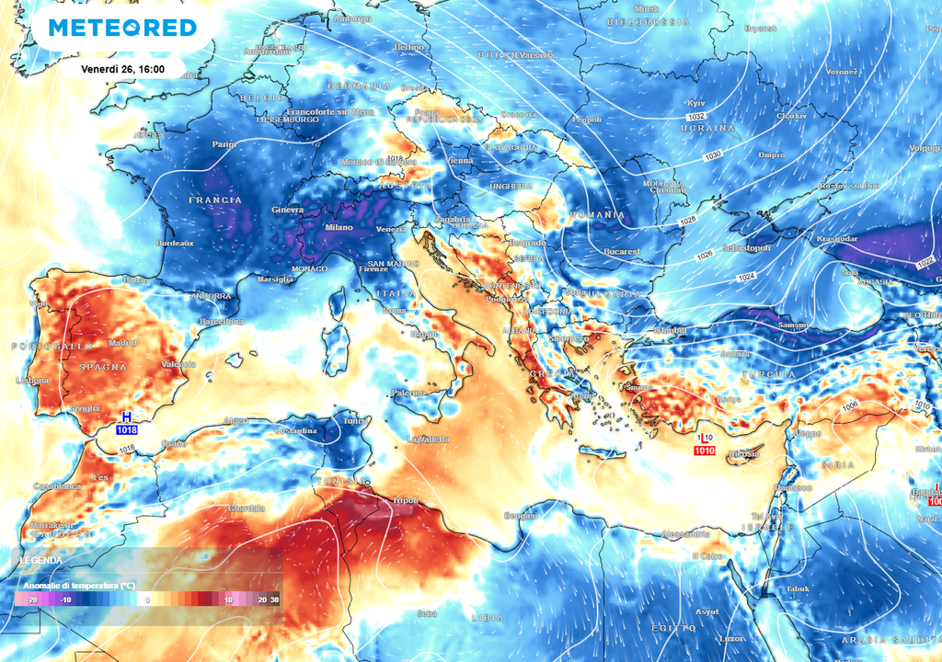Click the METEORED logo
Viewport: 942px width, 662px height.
coord(122,28)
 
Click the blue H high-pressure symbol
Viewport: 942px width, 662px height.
coord(126,417)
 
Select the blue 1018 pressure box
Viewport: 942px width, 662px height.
coord(126,429)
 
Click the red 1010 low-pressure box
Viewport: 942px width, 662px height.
coord(705,451)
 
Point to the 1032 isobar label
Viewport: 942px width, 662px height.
coord(697,117)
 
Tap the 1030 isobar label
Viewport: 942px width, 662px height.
coord(714,157)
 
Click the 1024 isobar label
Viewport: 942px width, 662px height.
coord(746,278)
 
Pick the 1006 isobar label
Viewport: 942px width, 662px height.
coord(849,405)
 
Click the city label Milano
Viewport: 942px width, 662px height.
coord(339,228)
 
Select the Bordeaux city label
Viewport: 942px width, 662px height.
coord(175,244)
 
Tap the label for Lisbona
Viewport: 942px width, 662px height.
coord(32,381)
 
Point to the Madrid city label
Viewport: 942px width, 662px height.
coord(122,343)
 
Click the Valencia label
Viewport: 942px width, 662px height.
coord(178,364)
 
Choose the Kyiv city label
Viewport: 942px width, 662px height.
coord(696,103)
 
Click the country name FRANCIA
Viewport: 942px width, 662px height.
coord(215,200)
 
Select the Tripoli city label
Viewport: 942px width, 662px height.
coord(405,501)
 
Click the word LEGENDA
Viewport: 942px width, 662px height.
coord(41,560)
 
